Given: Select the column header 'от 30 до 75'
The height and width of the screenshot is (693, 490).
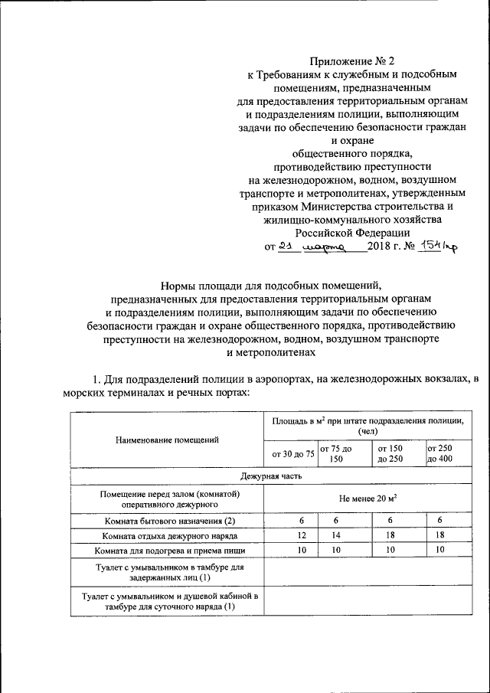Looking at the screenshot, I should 288,453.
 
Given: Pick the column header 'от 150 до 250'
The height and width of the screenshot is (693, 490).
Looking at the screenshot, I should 394,453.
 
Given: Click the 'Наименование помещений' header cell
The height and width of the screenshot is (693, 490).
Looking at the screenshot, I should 166,440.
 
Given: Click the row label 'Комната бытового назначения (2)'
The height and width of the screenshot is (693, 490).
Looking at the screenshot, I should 166,521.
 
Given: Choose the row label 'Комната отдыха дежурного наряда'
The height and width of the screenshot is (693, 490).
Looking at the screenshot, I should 166,535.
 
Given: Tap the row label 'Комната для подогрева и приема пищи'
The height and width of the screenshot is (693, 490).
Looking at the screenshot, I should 166,551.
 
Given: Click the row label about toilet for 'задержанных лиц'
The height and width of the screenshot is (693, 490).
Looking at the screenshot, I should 166,572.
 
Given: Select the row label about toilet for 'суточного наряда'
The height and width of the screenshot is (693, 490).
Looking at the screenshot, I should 166,601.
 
